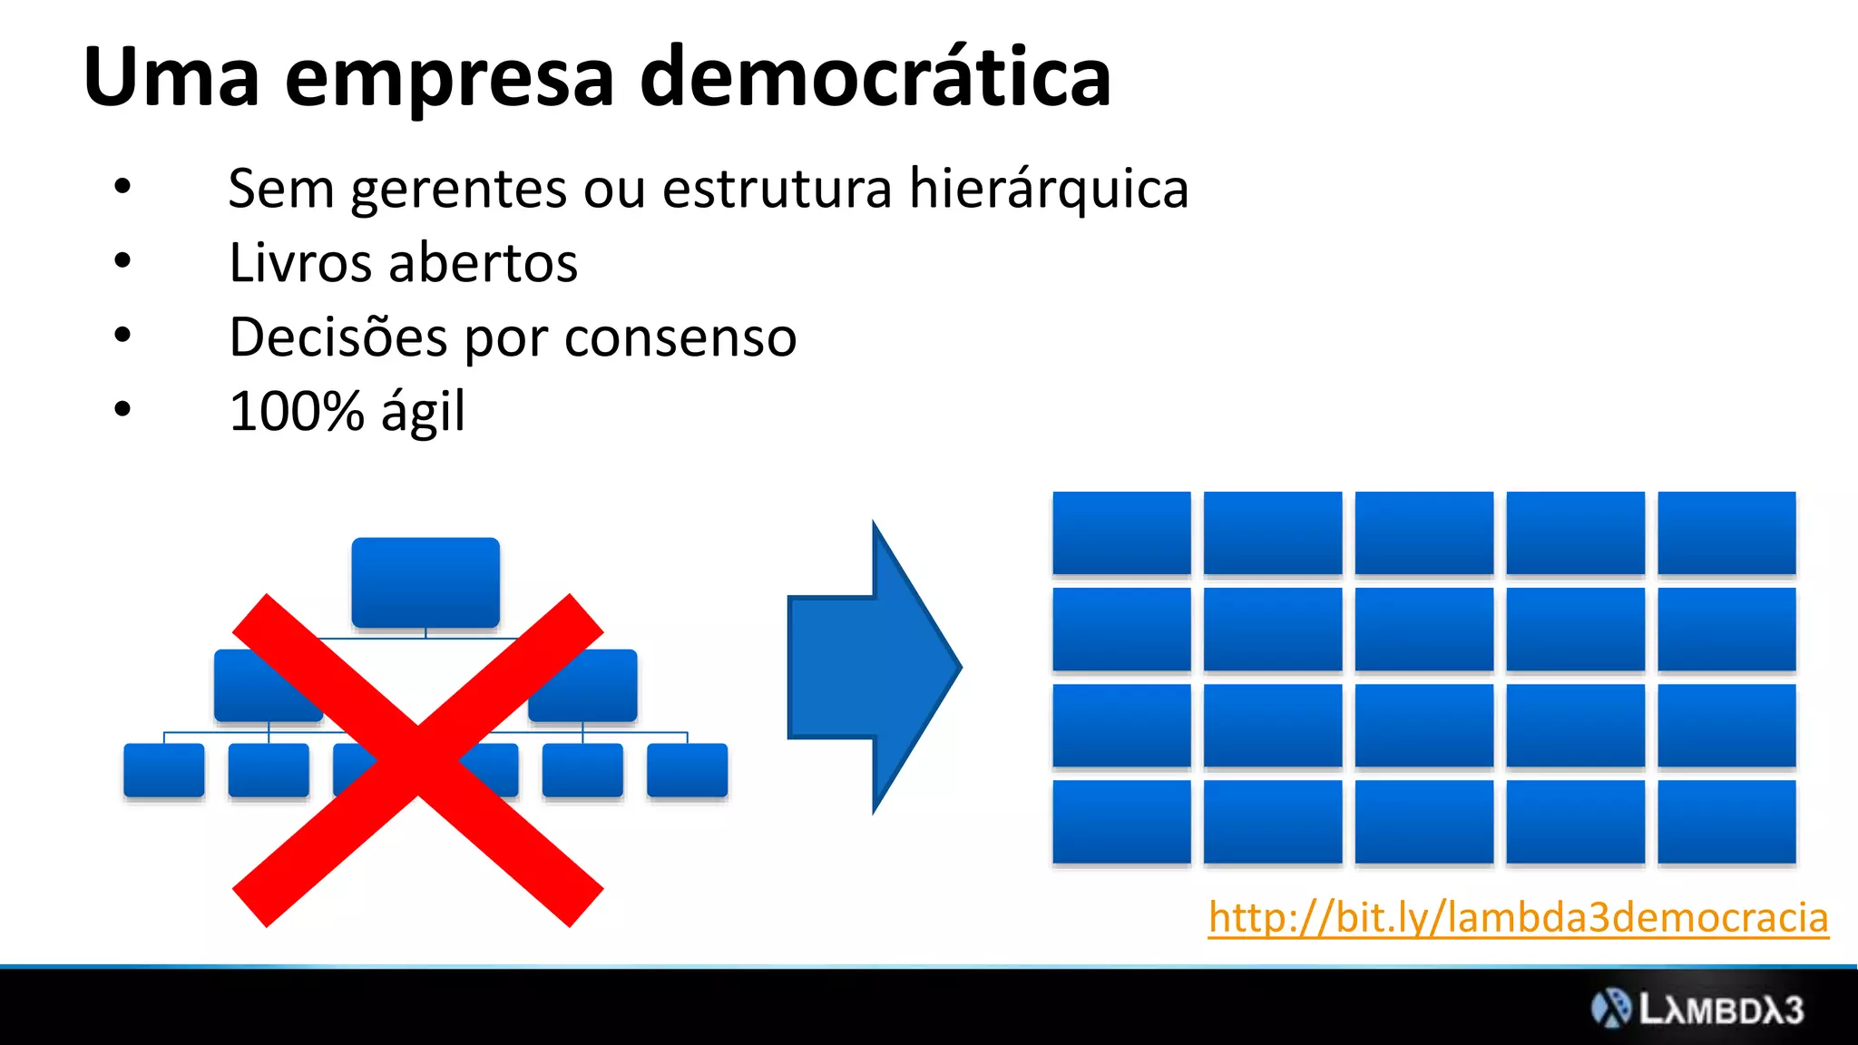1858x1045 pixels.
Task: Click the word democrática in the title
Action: tap(875, 78)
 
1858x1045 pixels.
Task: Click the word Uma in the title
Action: tap(171, 78)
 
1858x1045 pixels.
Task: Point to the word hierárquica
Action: tap(1049, 190)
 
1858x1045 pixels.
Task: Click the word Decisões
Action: tap(337, 337)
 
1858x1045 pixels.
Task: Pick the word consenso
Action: tap(680, 337)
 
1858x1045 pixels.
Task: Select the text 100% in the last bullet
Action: tap(297, 411)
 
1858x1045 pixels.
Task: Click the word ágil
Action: tap(423, 413)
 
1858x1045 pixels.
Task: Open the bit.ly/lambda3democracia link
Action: tap(1518, 917)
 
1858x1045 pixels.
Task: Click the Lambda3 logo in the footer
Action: tap(1697, 1009)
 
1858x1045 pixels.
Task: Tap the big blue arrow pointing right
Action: tap(871, 668)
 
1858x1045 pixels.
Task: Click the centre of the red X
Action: tap(418, 760)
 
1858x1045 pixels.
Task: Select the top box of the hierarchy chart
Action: tap(425, 582)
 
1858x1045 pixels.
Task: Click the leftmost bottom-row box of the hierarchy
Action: tap(164, 770)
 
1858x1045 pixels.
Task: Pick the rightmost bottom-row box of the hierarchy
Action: tap(687, 770)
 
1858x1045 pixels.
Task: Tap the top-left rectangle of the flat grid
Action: tap(1121, 532)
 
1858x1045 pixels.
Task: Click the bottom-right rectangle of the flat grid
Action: tap(1726, 821)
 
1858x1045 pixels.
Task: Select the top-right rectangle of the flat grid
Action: tap(1726, 532)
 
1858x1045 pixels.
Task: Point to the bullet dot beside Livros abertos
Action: tap(122, 261)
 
